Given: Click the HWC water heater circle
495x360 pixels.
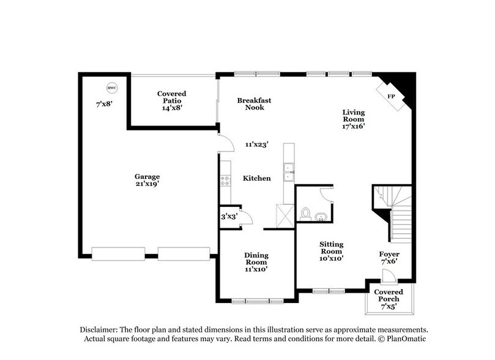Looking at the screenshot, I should coord(111,87).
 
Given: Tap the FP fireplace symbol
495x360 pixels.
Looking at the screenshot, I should coord(389,96).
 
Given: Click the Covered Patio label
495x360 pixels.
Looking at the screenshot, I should coord(171,100).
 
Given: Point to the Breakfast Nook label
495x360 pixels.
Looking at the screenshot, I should coord(255,103).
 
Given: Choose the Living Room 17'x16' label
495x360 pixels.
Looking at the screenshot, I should coord(353,119).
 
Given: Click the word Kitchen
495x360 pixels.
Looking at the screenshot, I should coord(257,178).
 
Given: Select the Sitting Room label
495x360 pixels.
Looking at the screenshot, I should coord(331,251).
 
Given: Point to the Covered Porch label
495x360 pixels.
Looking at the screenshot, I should coord(390,298).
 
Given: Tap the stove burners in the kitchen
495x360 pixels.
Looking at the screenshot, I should coord(225,180).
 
